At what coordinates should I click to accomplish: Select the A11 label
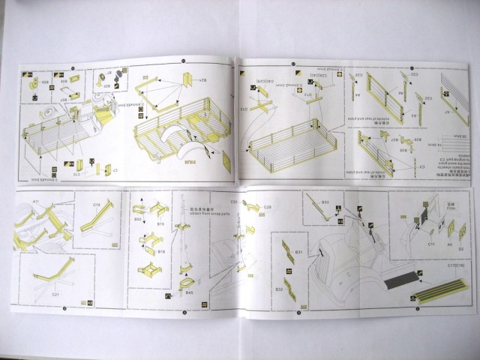35,202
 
